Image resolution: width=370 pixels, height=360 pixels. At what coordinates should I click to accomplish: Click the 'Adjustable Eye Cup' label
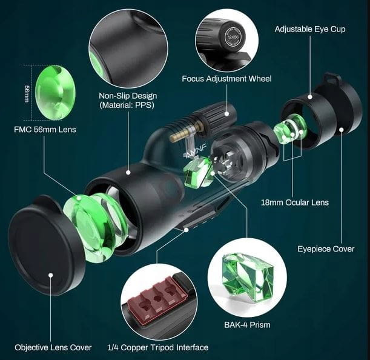310,29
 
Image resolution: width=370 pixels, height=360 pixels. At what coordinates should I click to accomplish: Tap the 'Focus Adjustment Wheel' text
226,79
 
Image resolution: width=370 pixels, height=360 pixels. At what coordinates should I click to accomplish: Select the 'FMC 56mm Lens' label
45,130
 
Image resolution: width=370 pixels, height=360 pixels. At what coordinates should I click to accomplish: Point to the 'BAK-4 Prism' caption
247,325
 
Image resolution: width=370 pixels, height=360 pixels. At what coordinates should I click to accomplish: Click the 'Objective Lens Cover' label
53,347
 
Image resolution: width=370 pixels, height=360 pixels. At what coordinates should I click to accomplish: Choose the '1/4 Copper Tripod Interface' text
158,347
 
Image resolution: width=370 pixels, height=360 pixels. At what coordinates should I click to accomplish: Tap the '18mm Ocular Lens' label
295,202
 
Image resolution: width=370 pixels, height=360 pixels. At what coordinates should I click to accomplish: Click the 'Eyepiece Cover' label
326,248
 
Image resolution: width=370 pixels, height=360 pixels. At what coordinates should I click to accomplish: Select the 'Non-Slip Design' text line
128,96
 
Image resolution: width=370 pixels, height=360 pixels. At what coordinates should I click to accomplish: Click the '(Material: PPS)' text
127,105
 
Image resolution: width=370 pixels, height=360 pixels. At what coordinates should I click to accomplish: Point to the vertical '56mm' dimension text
27,93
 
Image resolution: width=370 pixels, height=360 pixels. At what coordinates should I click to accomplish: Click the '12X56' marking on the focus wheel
233,37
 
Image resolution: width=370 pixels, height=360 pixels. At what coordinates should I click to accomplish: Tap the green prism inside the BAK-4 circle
248,277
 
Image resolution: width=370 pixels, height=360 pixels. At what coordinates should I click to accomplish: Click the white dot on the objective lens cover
50,275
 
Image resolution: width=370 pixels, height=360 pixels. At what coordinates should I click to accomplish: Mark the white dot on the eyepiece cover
342,130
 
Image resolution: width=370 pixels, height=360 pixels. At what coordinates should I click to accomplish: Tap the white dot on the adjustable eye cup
310,96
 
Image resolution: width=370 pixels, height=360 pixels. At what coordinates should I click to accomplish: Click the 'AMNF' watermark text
196,151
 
